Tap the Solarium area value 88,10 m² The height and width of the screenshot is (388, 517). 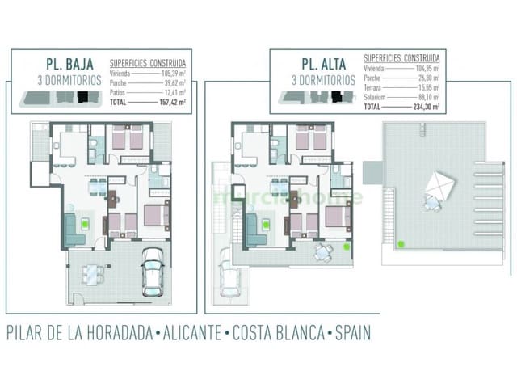427,97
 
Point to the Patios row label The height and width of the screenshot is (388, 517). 116,94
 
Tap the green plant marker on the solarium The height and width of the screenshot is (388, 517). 400,242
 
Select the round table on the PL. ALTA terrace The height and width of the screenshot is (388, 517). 323,252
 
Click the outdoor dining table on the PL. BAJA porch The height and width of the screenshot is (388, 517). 95,275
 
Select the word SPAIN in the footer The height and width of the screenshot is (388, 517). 345,332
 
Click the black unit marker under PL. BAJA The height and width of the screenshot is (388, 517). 82,97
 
